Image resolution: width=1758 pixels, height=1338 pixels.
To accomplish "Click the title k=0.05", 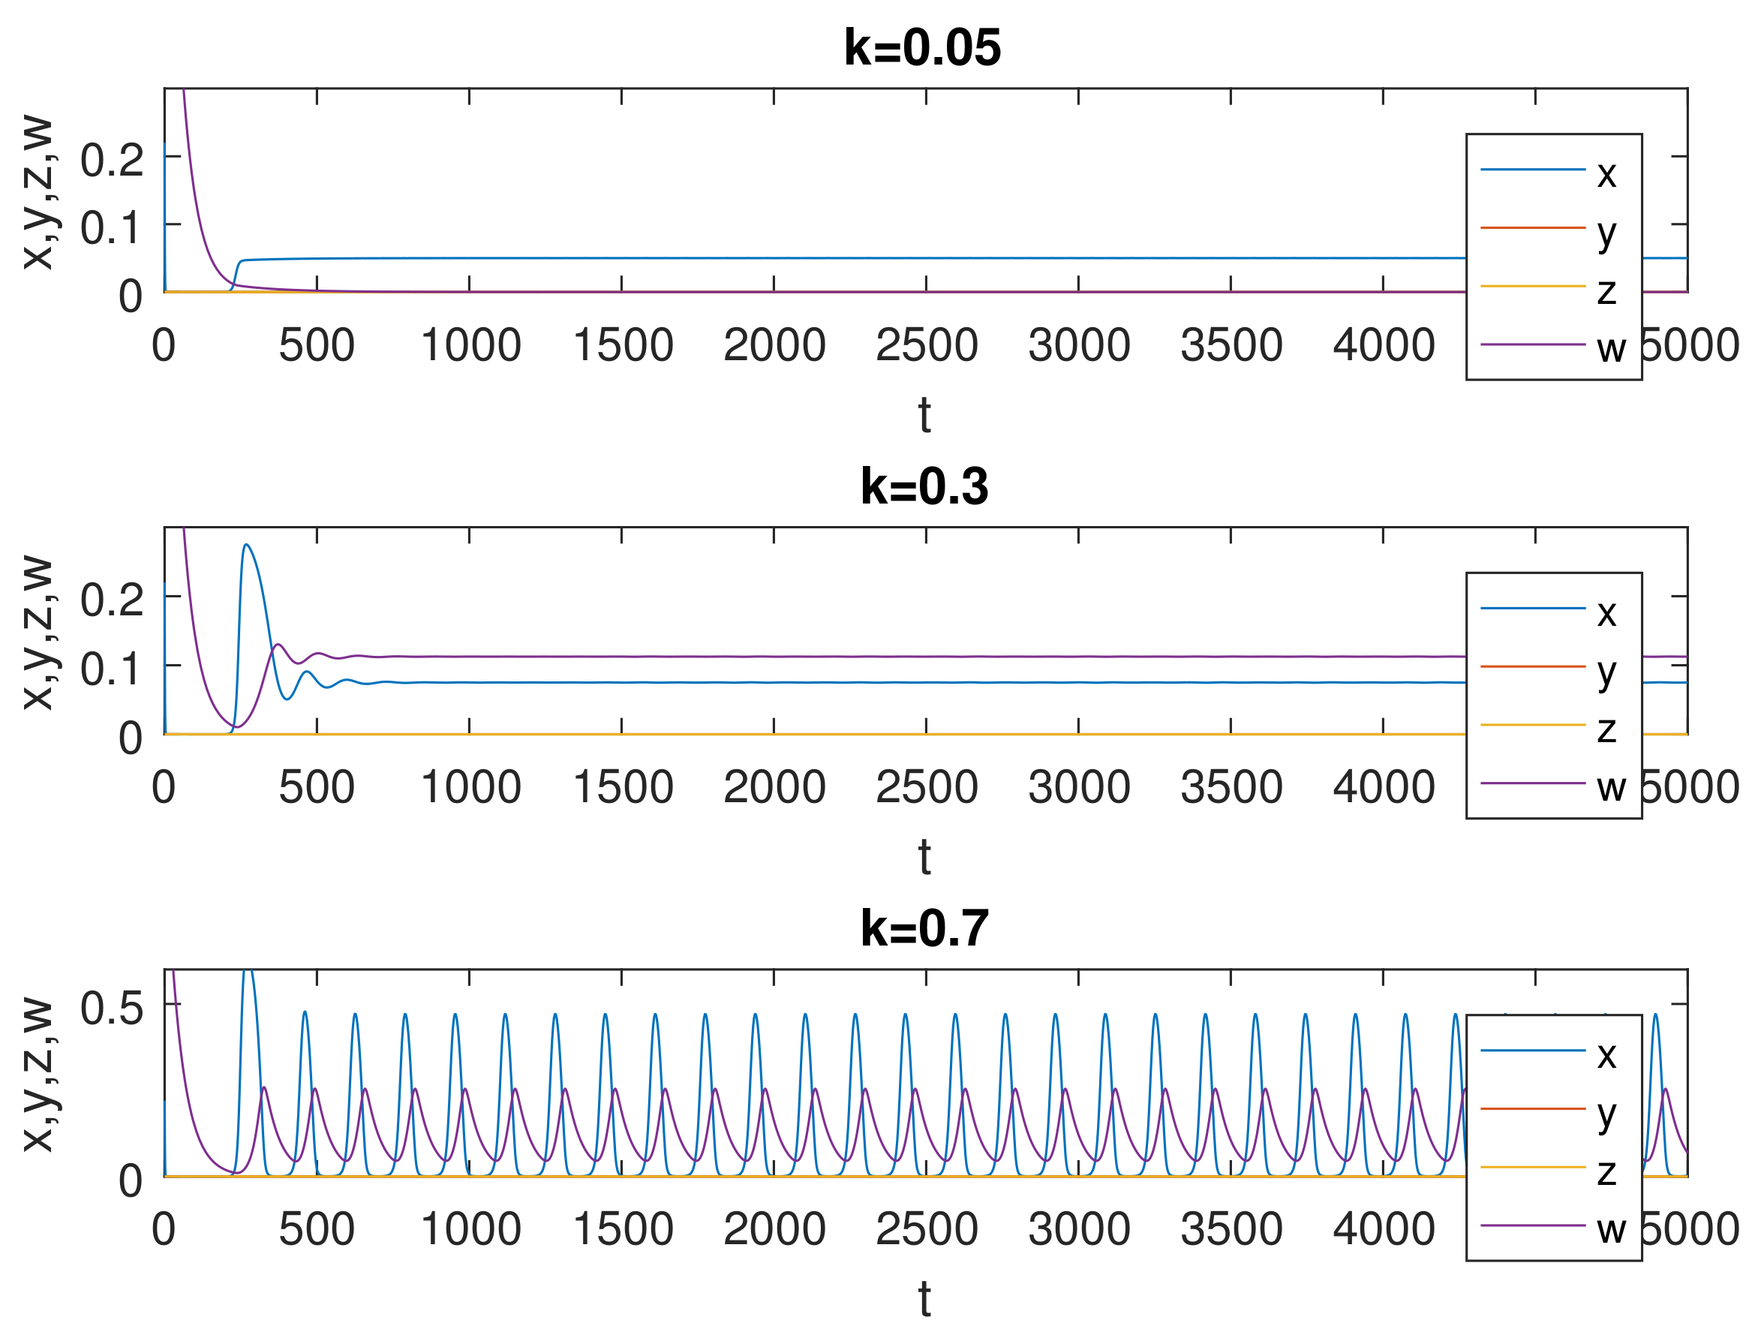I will click(922, 48).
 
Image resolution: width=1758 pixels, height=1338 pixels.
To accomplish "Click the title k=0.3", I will click(924, 486).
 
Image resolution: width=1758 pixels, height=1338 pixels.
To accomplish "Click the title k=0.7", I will click(924, 928).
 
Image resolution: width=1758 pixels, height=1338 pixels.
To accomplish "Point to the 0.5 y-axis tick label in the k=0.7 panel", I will click(112, 1009).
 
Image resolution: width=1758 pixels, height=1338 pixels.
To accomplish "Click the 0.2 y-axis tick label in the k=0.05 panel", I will click(112, 160).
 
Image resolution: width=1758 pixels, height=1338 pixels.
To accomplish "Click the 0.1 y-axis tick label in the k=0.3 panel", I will click(112, 668).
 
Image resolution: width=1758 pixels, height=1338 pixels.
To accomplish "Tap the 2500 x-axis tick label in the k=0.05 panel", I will click(926, 346).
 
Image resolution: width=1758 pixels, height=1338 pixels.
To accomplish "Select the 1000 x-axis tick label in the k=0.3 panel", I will click(470, 788).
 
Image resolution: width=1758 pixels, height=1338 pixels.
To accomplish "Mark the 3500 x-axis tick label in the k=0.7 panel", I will click(1231, 1229).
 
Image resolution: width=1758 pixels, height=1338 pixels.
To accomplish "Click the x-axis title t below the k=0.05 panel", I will click(924, 416).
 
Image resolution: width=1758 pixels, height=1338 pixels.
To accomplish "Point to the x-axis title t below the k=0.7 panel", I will click(924, 1300).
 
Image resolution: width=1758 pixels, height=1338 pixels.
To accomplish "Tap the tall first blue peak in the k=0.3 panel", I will click(246, 546).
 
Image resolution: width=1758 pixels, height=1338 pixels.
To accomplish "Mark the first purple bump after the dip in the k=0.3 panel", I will click(277, 645).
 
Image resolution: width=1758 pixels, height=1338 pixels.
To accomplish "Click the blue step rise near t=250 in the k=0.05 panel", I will click(237, 271).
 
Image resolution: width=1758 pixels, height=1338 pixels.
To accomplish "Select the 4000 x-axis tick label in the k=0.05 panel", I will click(1383, 346).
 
